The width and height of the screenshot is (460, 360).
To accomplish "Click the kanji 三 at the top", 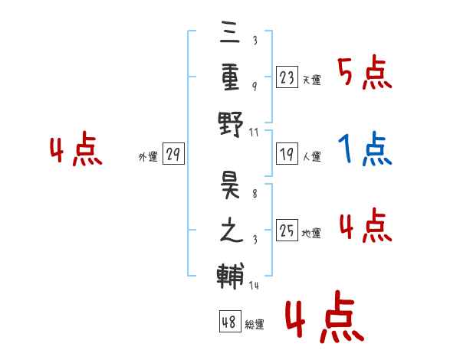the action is [x=230, y=32].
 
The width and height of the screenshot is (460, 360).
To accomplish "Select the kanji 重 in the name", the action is [x=230, y=78].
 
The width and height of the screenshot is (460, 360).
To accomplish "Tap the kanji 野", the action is [x=231, y=124].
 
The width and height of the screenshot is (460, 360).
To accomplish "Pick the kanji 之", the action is [x=232, y=230].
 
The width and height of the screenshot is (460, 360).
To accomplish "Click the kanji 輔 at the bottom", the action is [x=231, y=277].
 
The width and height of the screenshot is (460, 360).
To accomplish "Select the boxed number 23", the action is [x=287, y=77].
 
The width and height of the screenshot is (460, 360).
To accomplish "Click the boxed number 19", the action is [x=287, y=154].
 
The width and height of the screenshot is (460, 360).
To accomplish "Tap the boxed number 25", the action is [x=287, y=230].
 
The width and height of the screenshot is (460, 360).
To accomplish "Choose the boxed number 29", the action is [x=173, y=154].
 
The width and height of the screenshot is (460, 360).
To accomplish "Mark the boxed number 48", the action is [x=230, y=322].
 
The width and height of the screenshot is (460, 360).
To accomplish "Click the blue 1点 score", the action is [x=365, y=149].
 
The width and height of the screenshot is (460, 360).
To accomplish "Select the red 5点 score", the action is [x=365, y=72].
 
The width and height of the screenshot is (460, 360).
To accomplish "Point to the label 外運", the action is [x=148, y=157].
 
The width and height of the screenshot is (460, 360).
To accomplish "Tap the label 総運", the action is [x=255, y=325].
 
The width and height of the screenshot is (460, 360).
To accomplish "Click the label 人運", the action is [x=312, y=156].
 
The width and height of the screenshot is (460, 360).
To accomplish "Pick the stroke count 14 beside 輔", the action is [x=254, y=285].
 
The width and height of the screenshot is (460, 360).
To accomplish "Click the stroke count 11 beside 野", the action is [x=254, y=133].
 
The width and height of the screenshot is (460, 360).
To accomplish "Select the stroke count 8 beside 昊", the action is [x=255, y=194].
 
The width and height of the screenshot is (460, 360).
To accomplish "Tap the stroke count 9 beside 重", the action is [x=255, y=87].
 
